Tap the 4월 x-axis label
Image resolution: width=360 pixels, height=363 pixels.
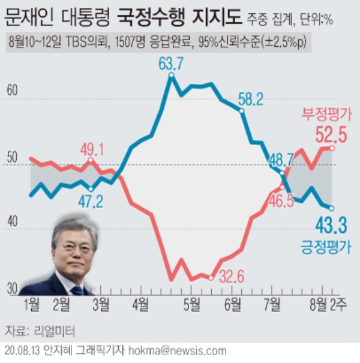point(140,305)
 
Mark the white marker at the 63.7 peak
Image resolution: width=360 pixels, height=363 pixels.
point(172,76)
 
